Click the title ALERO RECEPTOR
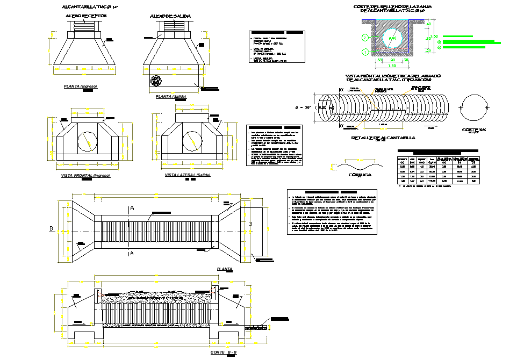tap(87, 16)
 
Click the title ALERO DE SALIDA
tap(170, 16)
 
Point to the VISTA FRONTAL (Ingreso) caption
tap(85, 176)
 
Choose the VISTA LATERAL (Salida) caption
tap(187, 175)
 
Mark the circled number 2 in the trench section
tap(365, 38)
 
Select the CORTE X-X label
tap(473, 129)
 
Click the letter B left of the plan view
tap(52, 229)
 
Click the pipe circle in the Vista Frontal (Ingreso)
tap(88, 141)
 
